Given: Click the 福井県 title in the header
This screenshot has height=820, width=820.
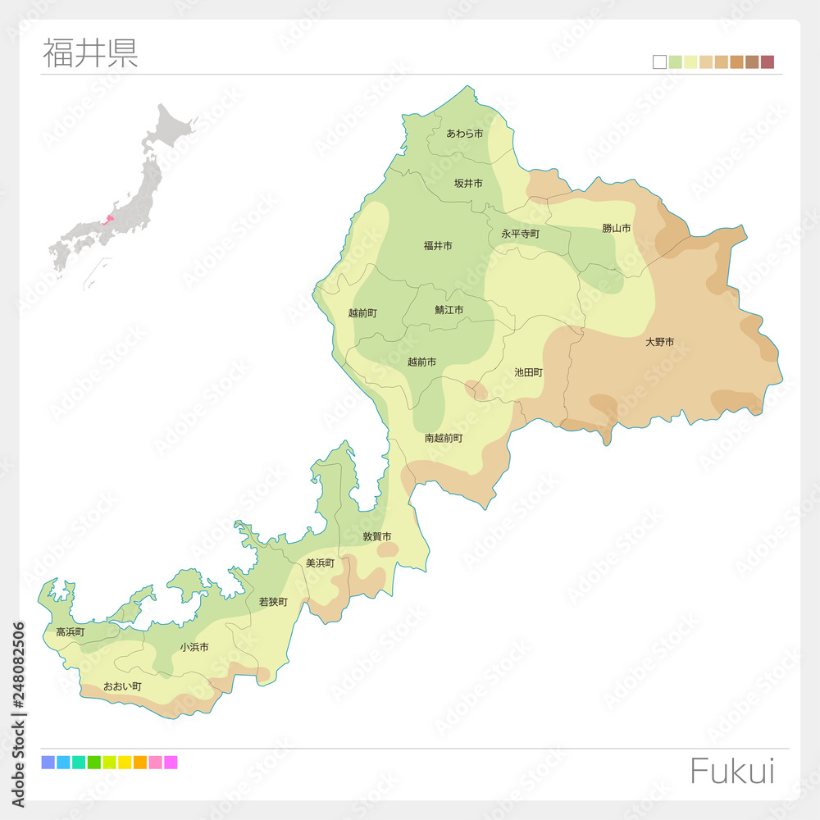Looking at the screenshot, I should pyautogui.click(x=90, y=52).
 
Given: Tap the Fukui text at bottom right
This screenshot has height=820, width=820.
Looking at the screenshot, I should pyautogui.click(x=731, y=772).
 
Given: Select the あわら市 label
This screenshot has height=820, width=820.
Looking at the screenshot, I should pyautogui.click(x=465, y=134).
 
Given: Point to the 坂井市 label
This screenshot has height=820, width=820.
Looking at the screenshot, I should pyautogui.click(x=468, y=184).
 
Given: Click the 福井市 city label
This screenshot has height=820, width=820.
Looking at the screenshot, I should pyautogui.click(x=438, y=246).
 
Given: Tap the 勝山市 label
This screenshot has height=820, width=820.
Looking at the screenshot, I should pyautogui.click(x=617, y=228).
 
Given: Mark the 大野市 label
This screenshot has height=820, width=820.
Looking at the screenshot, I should pyautogui.click(x=659, y=342).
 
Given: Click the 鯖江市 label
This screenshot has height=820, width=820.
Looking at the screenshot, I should pyautogui.click(x=449, y=310).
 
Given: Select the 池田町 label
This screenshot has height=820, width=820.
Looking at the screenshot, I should pyautogui.click(x=528, y=372).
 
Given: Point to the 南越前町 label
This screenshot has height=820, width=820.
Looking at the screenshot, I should pyautogui.click(x=444, y=439).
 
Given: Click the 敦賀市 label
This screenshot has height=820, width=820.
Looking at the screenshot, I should pyautogui.click(x=377, y=537).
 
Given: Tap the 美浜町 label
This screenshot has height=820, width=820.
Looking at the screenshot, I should pyautogui.click(x=320, y=563).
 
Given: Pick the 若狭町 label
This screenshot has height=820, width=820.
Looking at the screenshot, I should pyautogui.click(x=273, y=602).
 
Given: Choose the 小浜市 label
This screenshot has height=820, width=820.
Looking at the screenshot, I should pyautogui.click(x=194, y=647).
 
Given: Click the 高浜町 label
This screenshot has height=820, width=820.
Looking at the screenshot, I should pyautogui.click(x=70, y=632).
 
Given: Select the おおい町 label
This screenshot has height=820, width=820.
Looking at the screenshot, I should pyautogui.click(x=122, y=686).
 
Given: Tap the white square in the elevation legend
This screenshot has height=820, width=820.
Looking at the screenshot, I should pyautogui.click(x=659, y=62).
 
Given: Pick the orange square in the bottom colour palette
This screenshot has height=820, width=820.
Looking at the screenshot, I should pyautogui.click(x=139, y=763).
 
